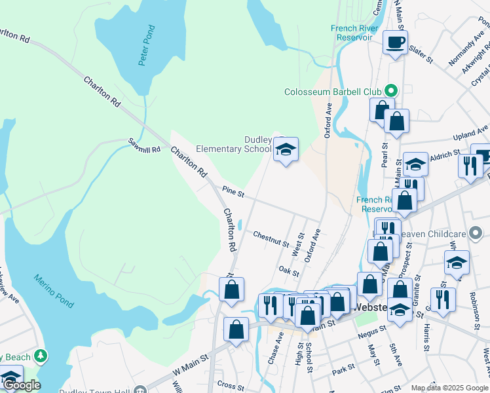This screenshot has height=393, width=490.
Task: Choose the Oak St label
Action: pos(288,271)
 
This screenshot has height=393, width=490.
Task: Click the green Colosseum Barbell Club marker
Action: pos(392,91)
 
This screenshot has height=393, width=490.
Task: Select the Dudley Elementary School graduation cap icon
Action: pos(286,151)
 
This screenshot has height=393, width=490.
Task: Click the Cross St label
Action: pos(230,386)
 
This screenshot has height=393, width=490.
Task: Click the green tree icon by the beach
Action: pos(41,356)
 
